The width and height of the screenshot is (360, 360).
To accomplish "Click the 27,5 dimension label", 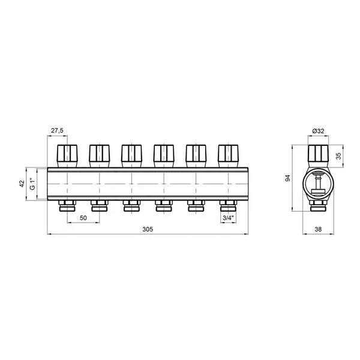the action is coord(57,131).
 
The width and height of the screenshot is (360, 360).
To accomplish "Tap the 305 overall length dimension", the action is coord(148,229).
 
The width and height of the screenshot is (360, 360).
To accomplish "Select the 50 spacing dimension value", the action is coord(83,218).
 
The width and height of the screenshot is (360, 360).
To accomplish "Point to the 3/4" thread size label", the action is coord(228,218).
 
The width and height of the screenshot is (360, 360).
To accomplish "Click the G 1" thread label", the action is coord(33,184).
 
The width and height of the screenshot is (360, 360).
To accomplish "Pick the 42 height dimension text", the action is coord(22,184).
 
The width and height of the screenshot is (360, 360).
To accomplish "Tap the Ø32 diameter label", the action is coord(318,131).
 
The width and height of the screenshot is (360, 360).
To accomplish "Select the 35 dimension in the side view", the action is coord(338,156).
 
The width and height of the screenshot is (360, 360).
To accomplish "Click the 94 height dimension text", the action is coord(287,178).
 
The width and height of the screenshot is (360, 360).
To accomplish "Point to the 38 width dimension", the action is coord(318,229).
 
